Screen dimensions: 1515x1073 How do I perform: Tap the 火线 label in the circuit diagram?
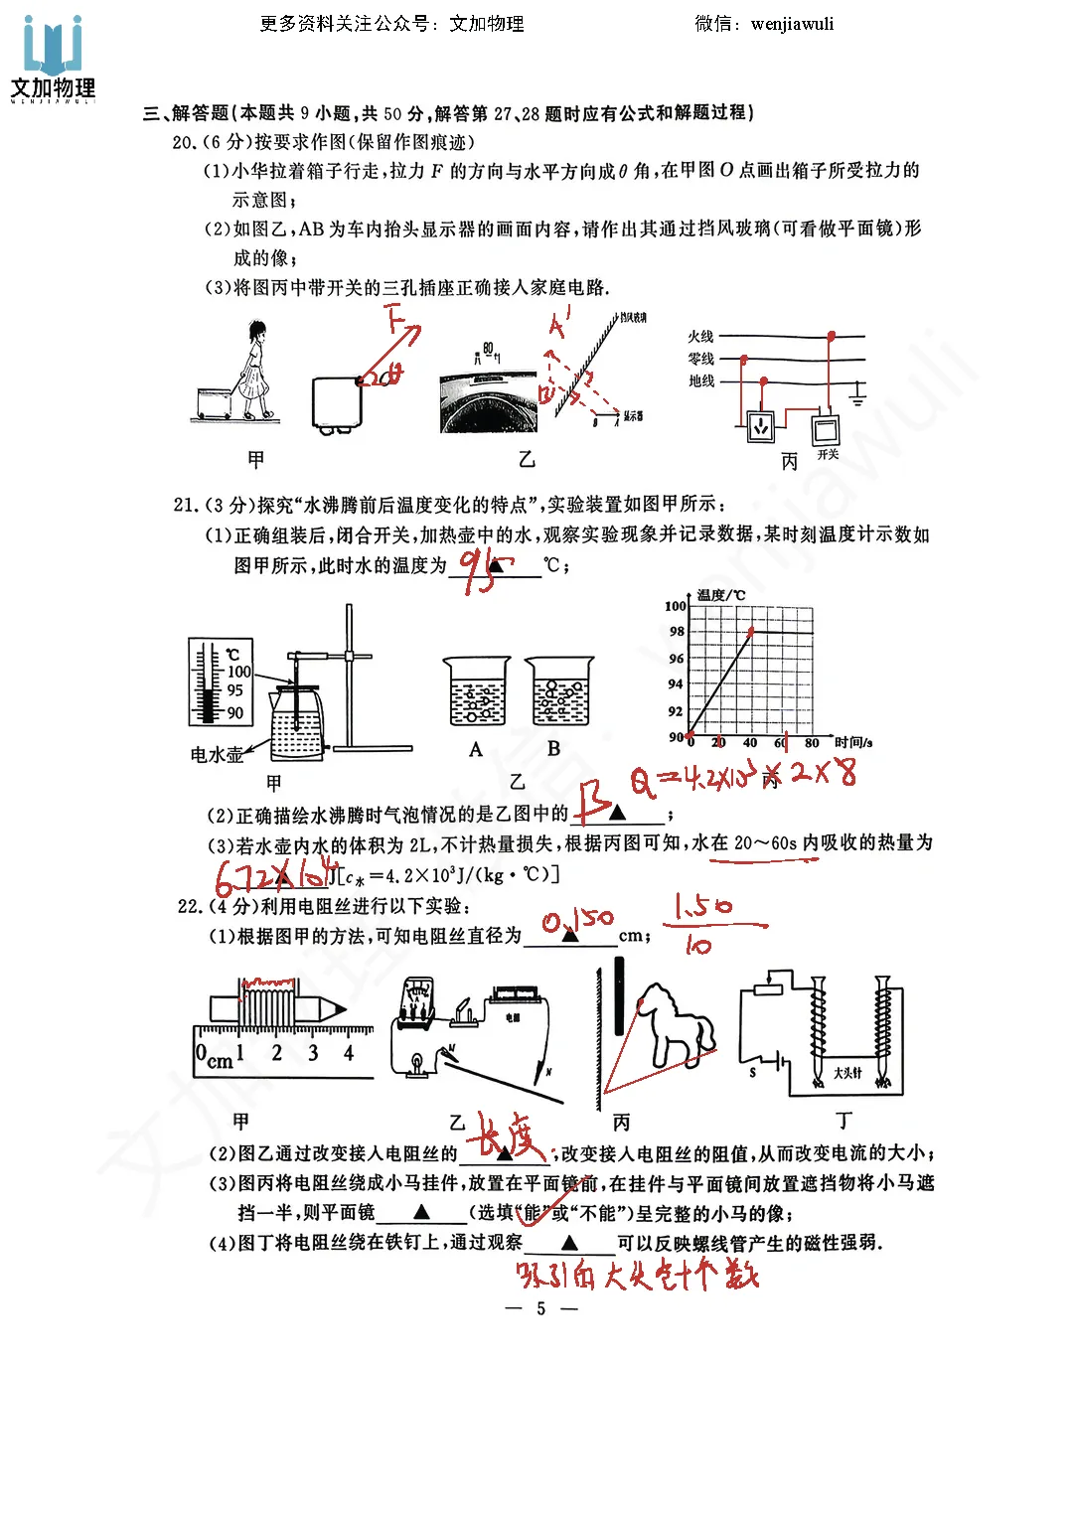tap(700, 337)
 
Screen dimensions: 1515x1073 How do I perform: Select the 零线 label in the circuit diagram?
tap(700, 359)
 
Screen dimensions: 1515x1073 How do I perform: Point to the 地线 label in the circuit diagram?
tap(700, 380)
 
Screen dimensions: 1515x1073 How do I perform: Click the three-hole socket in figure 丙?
tap(761, 425)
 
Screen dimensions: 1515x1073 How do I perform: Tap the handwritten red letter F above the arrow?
tap(396, 320)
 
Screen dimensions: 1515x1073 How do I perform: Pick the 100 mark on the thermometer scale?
tap(239, 672)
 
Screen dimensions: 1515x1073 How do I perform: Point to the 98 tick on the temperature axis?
tap(677, 632)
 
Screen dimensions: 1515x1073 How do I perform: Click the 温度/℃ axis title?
tap(720, 595)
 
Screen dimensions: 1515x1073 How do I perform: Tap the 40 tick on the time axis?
tap(750, 743)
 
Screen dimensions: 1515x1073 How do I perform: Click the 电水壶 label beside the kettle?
tap(217, 755)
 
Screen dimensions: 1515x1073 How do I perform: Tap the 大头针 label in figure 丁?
tap(847, 1073)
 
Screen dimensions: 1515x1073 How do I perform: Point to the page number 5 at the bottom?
tap(540, 1308)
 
